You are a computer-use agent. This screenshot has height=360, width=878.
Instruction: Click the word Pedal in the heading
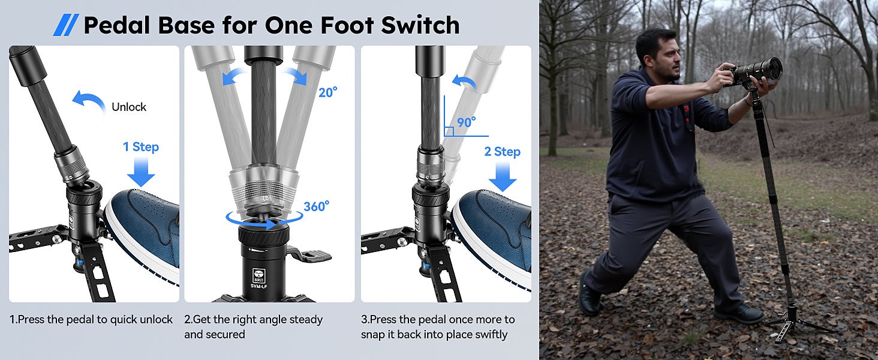coord(117,25)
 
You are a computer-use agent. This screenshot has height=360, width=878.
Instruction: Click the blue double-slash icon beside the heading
coord(66,25)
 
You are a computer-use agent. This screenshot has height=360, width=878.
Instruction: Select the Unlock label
coord(129,107)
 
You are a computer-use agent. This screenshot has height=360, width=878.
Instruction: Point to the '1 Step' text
coord(141,146)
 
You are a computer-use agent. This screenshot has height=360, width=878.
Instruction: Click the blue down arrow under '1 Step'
coord(141,172)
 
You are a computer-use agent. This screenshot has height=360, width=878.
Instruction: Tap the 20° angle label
coord(327,92)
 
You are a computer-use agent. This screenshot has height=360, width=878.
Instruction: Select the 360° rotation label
coord(316,206)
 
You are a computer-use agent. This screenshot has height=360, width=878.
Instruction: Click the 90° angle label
coord(467,122)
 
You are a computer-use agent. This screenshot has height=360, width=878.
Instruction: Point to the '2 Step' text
coord(503,151)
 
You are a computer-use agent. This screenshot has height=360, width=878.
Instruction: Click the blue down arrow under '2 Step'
coord(503,177)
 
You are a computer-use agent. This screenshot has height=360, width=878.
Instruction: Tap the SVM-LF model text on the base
coord(259,286)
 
